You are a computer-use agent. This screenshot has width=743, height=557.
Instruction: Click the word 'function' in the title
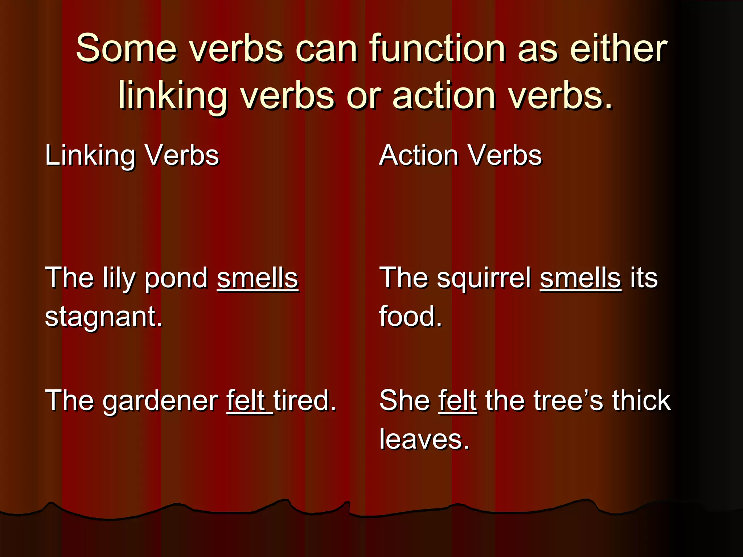coord(438,49)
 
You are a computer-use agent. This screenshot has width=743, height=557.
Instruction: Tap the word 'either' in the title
coord(618,49)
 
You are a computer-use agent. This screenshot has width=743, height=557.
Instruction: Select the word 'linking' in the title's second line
coord(173,96)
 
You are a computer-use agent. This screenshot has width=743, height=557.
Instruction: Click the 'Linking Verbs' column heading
coord(132,155)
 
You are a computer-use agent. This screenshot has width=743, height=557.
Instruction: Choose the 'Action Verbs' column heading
coord(460,155)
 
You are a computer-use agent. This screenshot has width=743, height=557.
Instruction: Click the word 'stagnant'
coord(103,317)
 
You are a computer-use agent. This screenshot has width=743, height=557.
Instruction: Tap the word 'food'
coord(410,317)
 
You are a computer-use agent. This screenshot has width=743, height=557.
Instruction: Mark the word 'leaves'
coord(424,439)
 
